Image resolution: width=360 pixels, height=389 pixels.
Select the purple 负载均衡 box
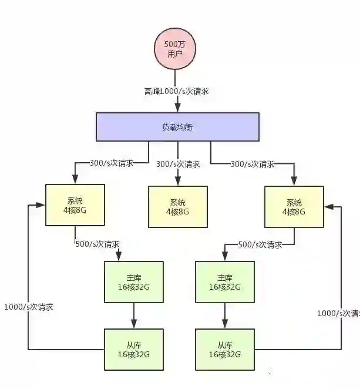177,126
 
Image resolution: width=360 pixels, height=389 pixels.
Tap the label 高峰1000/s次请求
177,92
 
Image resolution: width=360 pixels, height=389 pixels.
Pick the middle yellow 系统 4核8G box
177,207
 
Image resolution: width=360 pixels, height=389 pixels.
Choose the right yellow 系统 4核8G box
294,207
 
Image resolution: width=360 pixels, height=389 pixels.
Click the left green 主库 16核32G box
133,281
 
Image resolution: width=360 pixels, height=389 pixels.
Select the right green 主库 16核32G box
225,281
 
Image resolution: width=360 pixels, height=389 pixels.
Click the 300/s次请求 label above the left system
111,163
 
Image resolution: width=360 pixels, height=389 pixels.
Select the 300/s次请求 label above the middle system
178,165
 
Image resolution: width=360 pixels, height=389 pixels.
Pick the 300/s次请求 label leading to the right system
253,164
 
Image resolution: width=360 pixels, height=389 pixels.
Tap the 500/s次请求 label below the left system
97,243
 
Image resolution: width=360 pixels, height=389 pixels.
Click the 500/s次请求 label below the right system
260,244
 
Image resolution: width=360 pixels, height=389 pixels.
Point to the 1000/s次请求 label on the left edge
29,307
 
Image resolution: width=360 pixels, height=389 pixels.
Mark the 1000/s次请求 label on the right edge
338,313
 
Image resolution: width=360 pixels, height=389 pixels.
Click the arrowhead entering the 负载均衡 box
177,107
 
